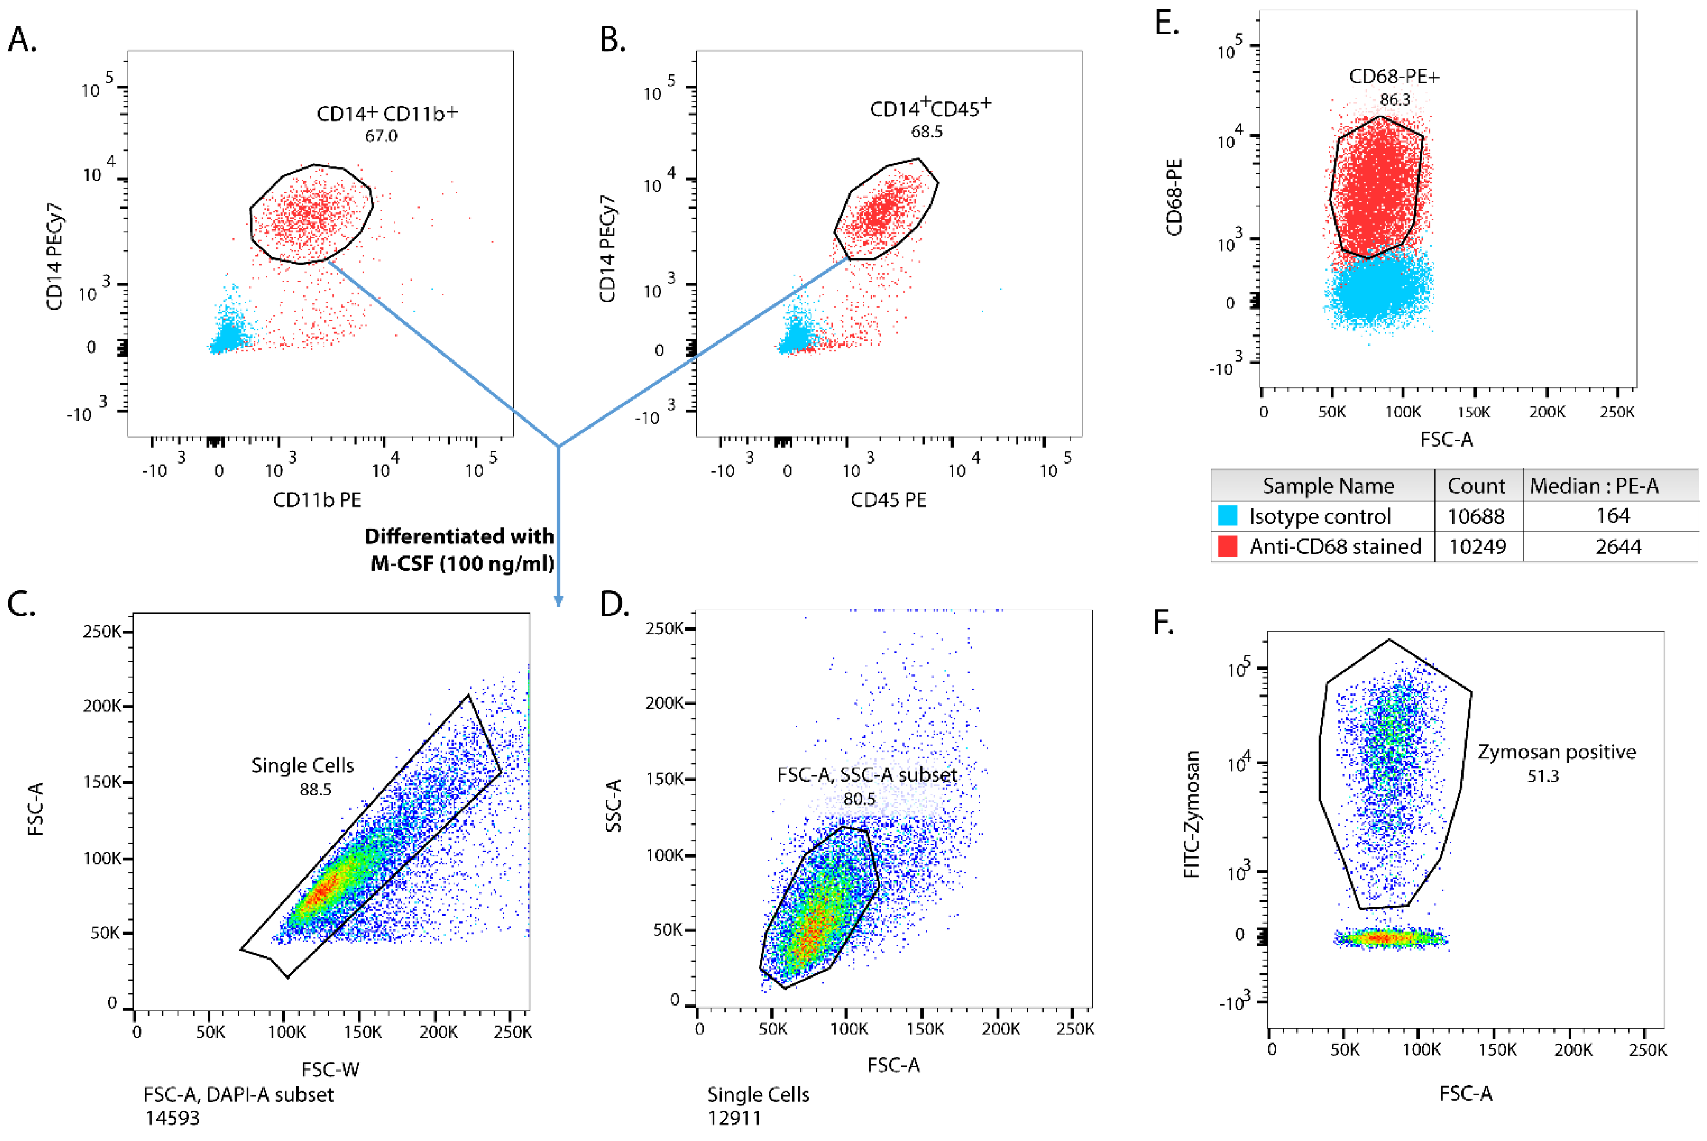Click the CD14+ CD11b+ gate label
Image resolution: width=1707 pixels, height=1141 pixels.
[387, 114]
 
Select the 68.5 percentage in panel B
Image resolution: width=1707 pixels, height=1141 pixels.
[926, 132]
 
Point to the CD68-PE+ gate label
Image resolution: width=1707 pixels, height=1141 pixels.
[1394, 77]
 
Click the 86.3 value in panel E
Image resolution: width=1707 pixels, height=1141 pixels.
[1394, 100]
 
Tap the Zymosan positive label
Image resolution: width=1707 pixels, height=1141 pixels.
[1556, 752]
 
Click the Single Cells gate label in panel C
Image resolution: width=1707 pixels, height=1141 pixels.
[303, 765]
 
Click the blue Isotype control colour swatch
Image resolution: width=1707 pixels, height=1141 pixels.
[1227, 516]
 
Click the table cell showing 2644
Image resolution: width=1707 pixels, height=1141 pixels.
[1618, 547]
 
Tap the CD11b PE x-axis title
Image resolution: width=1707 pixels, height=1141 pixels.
[317, 500]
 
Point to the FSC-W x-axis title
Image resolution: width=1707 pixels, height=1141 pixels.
[331, 1069]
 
